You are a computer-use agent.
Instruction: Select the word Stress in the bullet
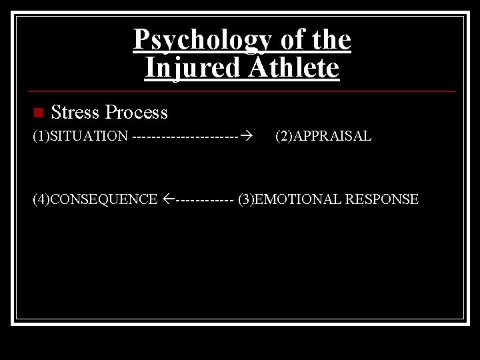pos(75,112)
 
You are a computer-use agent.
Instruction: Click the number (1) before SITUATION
pos(41,137)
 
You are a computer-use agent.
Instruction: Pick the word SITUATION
pos(89,137)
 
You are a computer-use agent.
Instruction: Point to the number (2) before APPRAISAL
pos(283,137)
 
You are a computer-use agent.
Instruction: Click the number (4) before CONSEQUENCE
pos(41,199)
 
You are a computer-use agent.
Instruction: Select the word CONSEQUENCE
pos(103,199)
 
